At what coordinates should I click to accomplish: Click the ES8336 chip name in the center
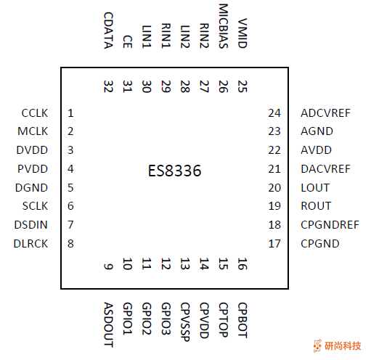click(174, 172)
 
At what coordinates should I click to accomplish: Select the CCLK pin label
click(34, 113)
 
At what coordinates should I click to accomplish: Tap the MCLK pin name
click(33, 131)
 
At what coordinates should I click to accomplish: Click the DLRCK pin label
click(31, 244)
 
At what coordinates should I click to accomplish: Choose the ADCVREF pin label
click(325, 113)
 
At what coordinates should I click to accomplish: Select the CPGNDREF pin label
click(330, 225)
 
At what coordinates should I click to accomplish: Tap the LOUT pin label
click(315, 187)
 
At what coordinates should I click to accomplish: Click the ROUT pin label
click(315, 206)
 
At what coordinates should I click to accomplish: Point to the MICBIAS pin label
click(223, 25)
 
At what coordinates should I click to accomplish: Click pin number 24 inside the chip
click(274, 113)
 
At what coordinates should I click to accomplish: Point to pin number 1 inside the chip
click(70, 113)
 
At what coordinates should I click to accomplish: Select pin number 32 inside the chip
click(108, 86)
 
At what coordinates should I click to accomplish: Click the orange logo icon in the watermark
click(317, 345)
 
